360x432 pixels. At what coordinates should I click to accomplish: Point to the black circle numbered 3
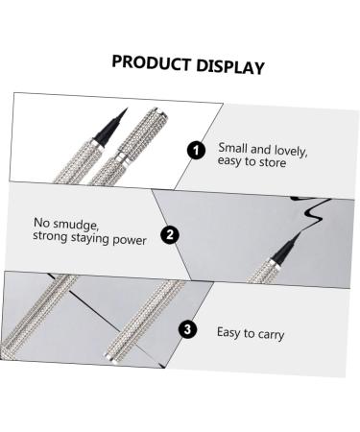click(188, 329)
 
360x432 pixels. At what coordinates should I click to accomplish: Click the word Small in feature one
click(231, 146)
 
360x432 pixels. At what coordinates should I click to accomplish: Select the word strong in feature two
click(49, 238)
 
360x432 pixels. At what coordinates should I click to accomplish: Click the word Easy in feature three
click(229, 335)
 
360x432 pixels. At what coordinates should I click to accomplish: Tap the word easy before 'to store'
click(231, 164)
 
